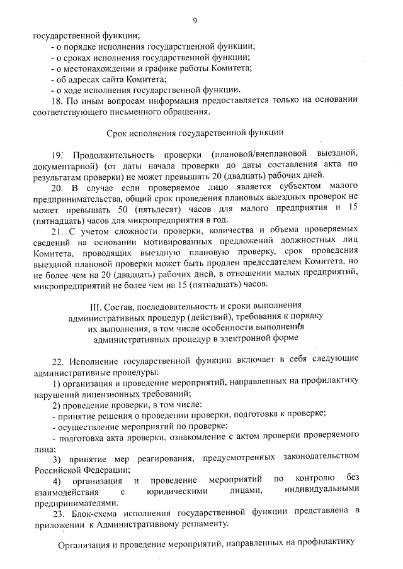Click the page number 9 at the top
[x=195, y=21]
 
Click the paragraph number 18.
[x=55, y=101]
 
